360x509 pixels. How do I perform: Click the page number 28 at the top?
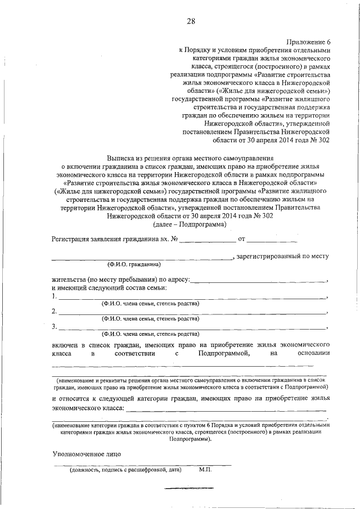tap(191, 22)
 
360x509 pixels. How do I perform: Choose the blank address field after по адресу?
tap(259, 280)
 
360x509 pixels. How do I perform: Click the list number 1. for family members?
tap(54, 296)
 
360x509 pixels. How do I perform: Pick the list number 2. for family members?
tap(54, 311)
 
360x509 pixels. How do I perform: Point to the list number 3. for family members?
tap(54, 326)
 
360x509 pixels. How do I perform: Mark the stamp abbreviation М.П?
tap(205, 470)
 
